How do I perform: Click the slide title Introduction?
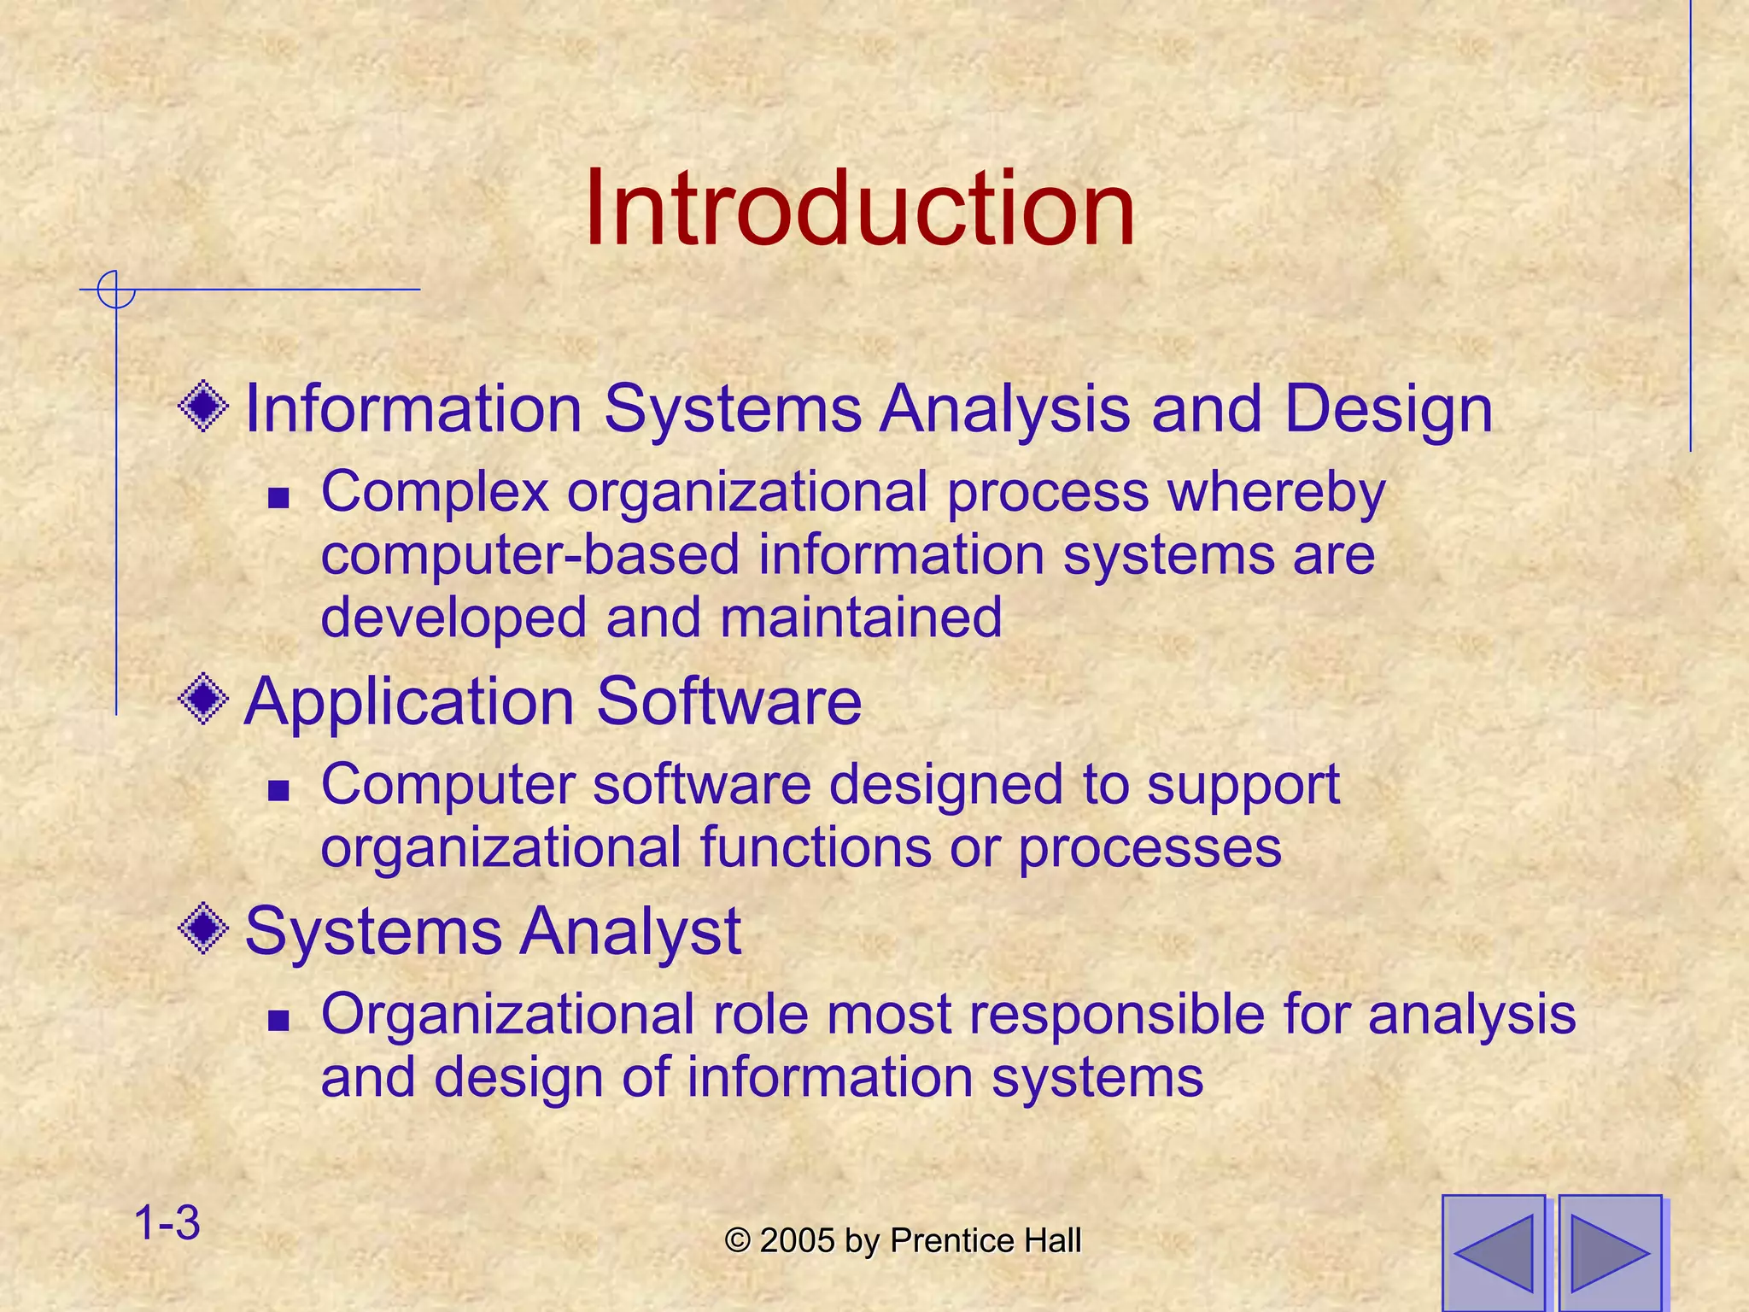(859, 208)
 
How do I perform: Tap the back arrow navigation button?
(1494, 1252)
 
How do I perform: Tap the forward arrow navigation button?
(1610, 1252)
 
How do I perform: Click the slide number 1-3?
(167, 1222)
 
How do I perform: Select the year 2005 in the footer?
(797, 1241)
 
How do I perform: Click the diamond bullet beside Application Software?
(203, 700)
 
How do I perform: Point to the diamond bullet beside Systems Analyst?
(203, 929)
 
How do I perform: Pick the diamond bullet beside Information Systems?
(203, 407)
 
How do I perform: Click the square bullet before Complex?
(278, 497)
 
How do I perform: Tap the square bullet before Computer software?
(278, 790)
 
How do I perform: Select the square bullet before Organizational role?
(278, 1019)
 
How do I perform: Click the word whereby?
(1276, 493)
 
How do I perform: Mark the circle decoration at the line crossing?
(115, 290)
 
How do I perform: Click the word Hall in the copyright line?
(1052, 1241)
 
